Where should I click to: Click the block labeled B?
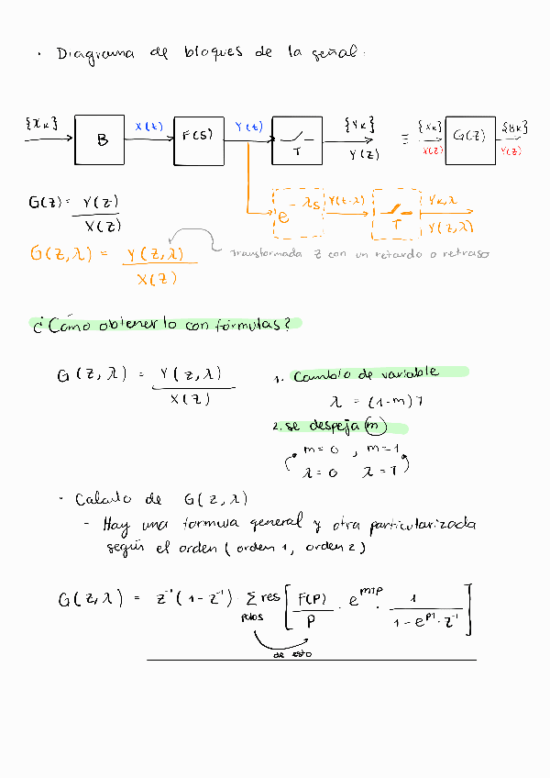102,140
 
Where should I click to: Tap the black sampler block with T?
296,141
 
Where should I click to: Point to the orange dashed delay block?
299,212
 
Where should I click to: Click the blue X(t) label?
148,126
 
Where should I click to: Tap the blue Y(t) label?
248,126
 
